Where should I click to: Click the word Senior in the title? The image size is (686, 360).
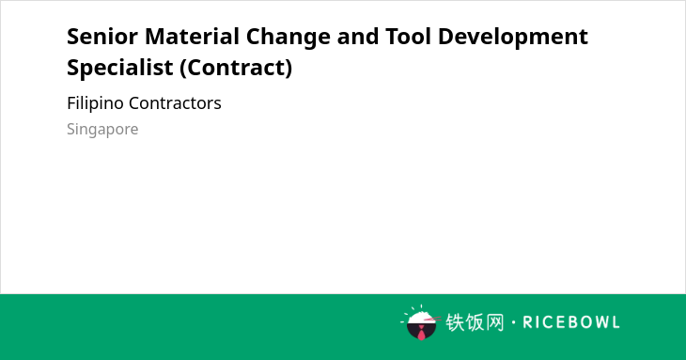(x=102, y=37)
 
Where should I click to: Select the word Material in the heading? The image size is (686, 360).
(x=192, y=37)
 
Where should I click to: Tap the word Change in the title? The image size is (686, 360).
(x=288, y=38)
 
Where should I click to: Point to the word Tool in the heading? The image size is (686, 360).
(x=409, y=37)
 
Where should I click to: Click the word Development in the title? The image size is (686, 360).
(x=513, y=38)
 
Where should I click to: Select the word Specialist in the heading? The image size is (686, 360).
(x=120, y=68)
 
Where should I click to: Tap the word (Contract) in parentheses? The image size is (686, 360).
(x=236, y=69)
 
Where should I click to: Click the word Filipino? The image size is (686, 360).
(x=95, y=104)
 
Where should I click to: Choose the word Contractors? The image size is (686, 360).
(x=175, y=103)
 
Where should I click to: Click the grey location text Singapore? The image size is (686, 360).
(x=102, y=130)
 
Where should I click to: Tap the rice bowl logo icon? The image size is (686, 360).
(x=421, y=322)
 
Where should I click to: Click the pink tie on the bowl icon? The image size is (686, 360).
(x=421, y=333)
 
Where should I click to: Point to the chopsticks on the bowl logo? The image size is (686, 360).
(x=432, y=320)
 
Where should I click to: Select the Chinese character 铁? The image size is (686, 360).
(x=455, y=322)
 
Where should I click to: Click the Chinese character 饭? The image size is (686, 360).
(x=475, y=322)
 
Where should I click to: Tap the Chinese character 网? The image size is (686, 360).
(x=494, y=322)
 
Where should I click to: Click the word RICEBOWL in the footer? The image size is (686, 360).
(x=571, y=322)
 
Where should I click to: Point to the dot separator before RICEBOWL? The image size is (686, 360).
(x=513, y=322)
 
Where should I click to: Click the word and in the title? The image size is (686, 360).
(x=358, y=37)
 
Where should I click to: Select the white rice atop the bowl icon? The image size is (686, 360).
(x=419, y=317)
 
